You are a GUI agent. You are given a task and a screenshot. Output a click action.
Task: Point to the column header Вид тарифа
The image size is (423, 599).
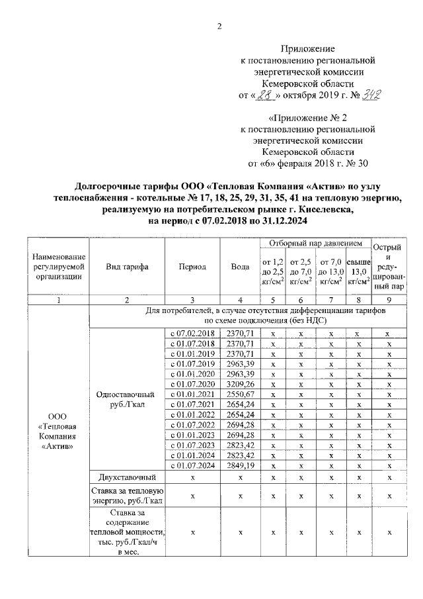[x=126, y=267]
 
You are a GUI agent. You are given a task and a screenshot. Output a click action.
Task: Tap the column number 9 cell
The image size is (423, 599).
[x=389, y=299]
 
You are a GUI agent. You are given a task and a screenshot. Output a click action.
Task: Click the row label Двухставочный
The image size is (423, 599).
[x=126, y=477]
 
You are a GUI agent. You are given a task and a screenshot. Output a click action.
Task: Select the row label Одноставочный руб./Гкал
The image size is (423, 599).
[x=126, y=398]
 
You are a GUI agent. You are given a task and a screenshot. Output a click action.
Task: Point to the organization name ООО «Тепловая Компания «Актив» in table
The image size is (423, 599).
[x=58, y=430]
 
